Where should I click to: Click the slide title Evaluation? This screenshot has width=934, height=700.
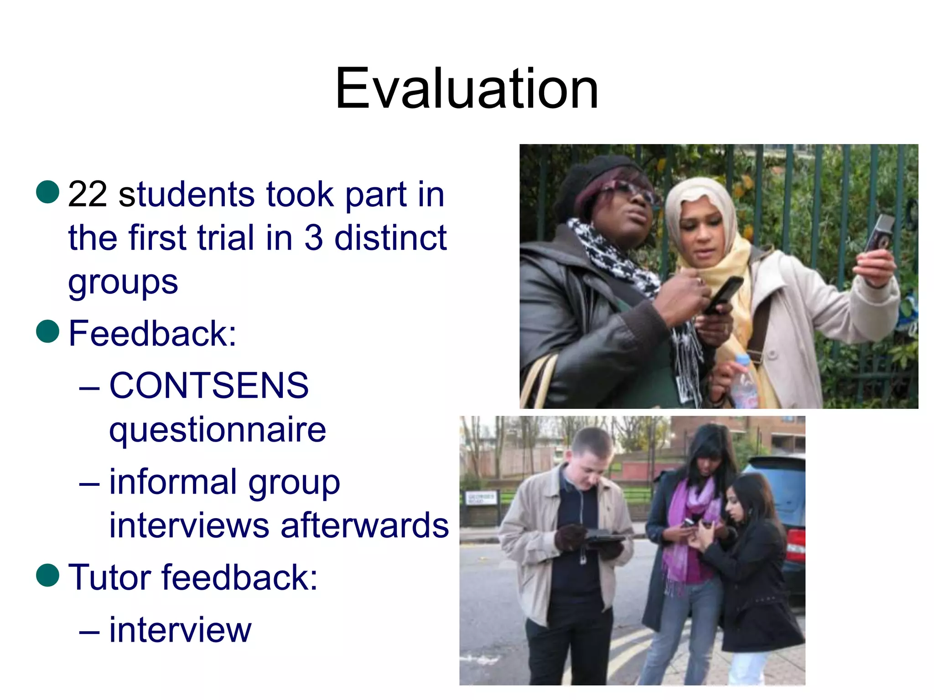466,88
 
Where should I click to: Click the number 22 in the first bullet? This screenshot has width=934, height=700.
88,195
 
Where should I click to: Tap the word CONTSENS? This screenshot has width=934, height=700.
209,386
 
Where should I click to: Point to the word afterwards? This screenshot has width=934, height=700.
364,525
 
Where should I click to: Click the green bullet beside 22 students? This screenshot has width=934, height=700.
48,191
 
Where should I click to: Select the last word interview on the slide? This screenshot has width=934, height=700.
180,630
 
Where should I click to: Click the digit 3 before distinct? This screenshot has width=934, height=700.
313,238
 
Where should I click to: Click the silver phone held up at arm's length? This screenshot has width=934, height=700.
880,233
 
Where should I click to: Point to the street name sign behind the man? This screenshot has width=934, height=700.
480,498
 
